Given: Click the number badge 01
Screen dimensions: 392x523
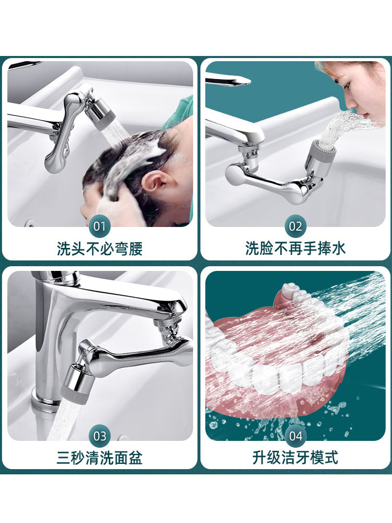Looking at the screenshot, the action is [x=99, y=226].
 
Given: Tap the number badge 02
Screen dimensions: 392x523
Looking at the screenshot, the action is [x=295, y=226].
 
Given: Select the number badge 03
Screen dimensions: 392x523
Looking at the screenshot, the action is [x=99, y=436].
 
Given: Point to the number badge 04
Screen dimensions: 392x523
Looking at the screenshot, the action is [x=295, y=436].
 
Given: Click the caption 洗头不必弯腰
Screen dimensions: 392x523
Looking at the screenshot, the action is [x=100, y=249].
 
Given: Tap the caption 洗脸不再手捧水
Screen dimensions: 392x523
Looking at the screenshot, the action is [x=296, y=249].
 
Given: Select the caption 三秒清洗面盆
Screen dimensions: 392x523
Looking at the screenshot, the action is [x=100, y=458].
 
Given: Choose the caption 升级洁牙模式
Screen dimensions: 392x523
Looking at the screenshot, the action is [x=296, y=458].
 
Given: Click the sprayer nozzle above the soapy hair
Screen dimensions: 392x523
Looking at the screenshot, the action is [x=100, y=112].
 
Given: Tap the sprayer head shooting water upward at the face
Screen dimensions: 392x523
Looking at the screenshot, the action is [x=321, y=153].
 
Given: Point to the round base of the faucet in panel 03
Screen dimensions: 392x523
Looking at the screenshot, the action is [x=44, y=401].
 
